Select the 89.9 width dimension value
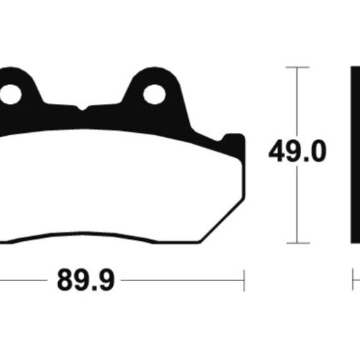[x=86, y=280]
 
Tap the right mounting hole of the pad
[x=154, y=94]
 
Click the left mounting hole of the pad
[x=10, y=94]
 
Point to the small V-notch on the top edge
[x=82, y=108]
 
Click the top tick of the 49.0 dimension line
[x=297, y=67]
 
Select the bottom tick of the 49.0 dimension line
[x=298, y=243]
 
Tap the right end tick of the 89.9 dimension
[x=244, y=280]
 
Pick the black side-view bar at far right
[x=355, y=154]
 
